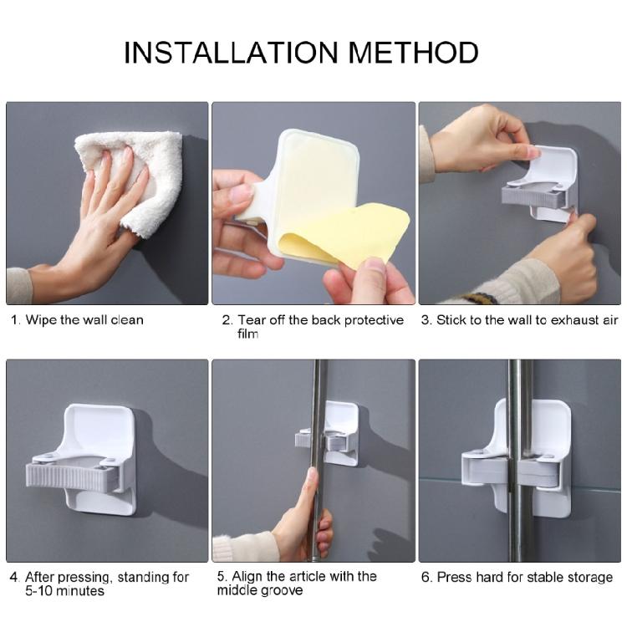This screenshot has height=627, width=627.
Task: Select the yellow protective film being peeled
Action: [351, 234]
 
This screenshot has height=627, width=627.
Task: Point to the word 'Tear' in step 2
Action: [252, 319]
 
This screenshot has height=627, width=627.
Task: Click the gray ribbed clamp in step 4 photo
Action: [79, 475]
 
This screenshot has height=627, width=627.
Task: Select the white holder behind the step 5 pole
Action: [343, 426]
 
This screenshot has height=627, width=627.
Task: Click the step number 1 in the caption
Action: [14, 319]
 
